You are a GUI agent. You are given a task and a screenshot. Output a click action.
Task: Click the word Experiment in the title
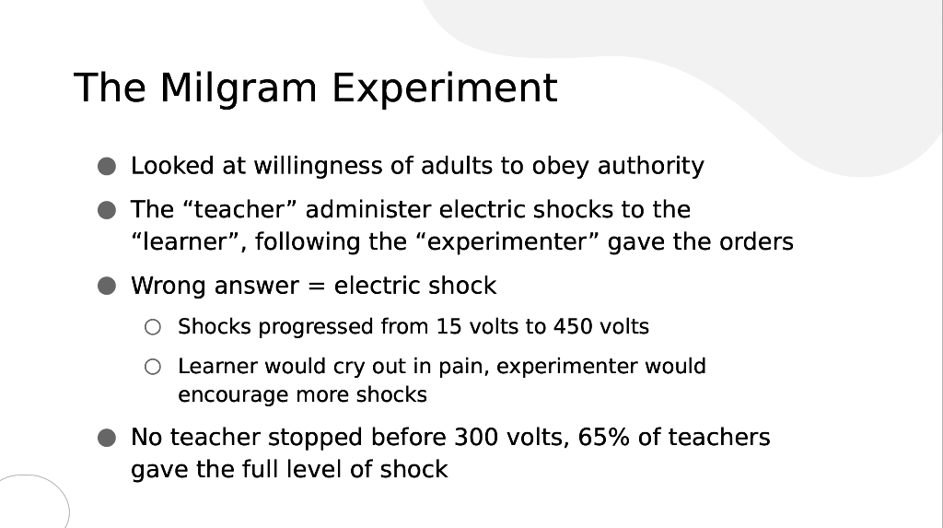click(444, 88)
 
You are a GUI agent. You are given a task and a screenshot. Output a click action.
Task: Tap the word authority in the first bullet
click(650, 166)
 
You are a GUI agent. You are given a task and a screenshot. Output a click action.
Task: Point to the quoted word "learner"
click(188, 241)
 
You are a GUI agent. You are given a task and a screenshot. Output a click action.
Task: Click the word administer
click(368, 209)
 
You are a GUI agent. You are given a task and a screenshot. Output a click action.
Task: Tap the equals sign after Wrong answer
click(316, 286)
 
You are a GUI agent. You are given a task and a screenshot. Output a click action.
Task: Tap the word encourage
click(233, 395)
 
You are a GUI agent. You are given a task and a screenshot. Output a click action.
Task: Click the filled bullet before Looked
click(109, 167)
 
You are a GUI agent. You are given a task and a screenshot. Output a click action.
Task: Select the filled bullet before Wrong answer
click(109, 286)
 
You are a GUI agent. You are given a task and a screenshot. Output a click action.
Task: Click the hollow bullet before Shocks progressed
click(153, 327)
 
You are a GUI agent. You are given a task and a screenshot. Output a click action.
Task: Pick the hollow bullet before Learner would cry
click(153, 367)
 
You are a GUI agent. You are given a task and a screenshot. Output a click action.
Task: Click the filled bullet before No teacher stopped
click(109, 437)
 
